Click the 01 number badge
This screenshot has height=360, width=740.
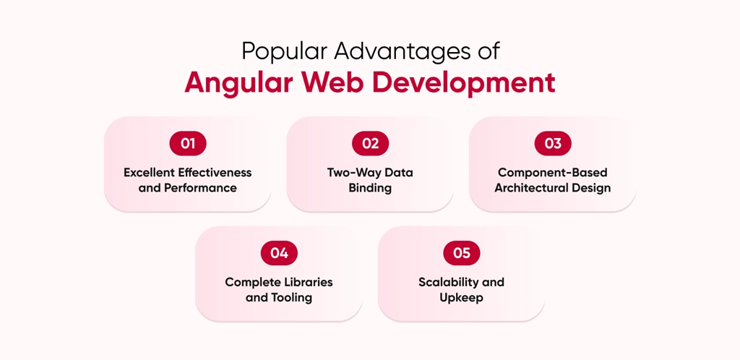188,143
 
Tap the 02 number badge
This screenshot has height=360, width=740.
370,143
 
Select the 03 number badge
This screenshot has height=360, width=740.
553,143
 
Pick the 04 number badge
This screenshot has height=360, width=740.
279,253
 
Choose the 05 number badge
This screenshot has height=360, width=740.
462,253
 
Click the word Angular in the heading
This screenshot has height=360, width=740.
236,82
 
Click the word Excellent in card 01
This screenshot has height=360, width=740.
151,173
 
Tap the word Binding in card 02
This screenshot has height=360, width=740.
370,188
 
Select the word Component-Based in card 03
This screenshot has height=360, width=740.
553,173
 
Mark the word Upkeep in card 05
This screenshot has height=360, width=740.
461,297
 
